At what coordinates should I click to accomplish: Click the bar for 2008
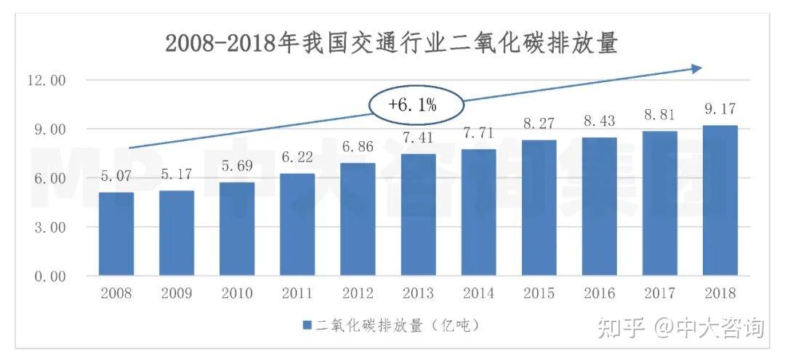coord(116,234)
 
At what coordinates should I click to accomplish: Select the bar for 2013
coord(418,215)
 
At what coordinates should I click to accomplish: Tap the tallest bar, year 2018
coord(720,201)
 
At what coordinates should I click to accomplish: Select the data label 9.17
coord(720,109)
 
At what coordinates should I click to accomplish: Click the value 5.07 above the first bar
coord(116,175)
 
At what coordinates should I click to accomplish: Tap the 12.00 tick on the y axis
coord(47,80)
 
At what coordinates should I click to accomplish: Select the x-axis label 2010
coord(237,294)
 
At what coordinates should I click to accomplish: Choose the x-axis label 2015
coord(539,294)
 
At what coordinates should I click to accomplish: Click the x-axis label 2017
coord(659,294)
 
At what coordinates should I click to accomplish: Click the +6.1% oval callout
coord(412,105)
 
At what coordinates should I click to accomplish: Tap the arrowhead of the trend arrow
coord(696,68)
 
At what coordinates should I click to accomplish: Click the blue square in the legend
coord(307,324)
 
